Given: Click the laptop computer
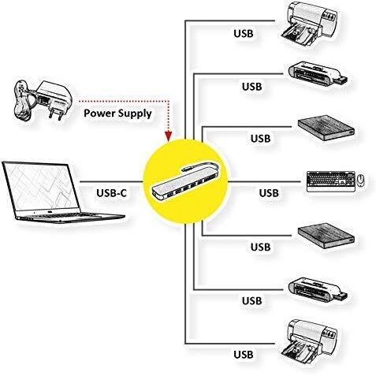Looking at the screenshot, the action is [x=61, y=192].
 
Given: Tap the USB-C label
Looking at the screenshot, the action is [x=111, y=193].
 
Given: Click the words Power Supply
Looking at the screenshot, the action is [x=117, y=114].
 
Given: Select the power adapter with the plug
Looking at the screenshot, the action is [x=42, y=100].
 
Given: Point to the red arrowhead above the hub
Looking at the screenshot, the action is [x=168, y=136].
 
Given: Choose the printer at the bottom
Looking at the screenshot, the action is [x=309, y=341].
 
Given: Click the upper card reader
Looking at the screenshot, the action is [x=317, y=74].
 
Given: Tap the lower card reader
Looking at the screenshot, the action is [x=317, y=290].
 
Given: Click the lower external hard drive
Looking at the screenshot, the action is [x=326, y=236].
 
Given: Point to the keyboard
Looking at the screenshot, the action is [x=331, y=181].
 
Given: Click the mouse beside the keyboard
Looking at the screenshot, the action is [x=361, y=180].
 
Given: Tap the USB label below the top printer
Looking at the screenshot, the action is [x=244, y=33].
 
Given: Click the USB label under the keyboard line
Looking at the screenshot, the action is [x=269, y=193].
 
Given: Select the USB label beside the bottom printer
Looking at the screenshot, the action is [x=244, y=354].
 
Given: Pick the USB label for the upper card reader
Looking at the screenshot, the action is [x=252, y=87].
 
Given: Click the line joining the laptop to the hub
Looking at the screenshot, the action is [x=111, y=181].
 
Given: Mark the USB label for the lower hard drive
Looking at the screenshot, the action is [x=260, y=247].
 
